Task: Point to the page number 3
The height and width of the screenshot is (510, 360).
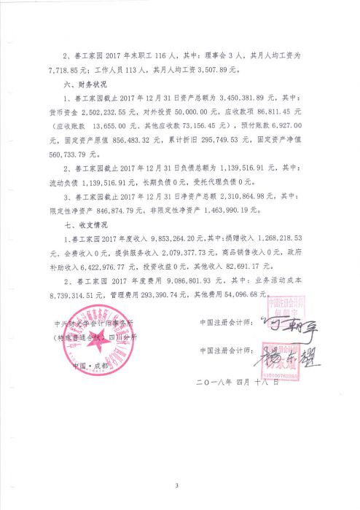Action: pyautogui.click(x=177, y=485)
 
